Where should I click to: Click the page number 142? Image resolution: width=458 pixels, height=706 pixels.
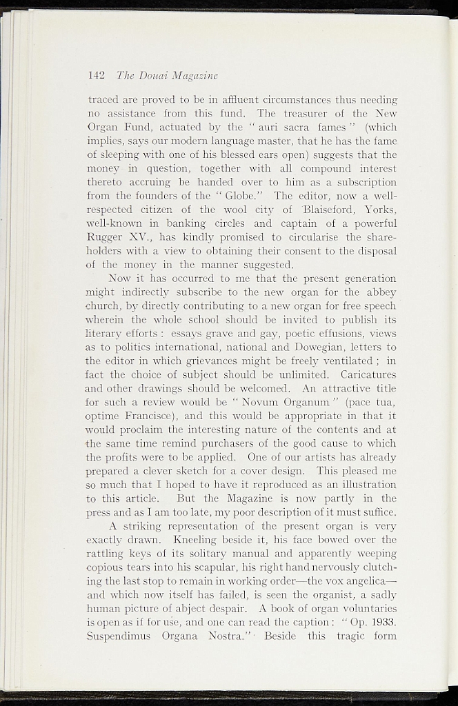tap(96, 74)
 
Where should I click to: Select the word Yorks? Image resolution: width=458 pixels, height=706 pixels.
tap(380, 210)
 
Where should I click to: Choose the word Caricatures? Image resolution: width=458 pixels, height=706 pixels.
tap(366, 374)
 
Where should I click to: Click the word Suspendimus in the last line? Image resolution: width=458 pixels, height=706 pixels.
tap(122, 636)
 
